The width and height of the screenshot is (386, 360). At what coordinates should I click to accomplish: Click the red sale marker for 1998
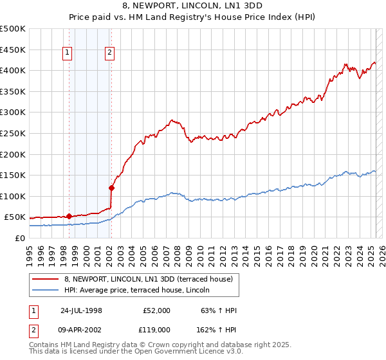coord(69,216)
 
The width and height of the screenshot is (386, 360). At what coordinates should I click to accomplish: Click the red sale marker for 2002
coord(111,188)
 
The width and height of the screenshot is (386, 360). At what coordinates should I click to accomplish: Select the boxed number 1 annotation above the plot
coord(68,53)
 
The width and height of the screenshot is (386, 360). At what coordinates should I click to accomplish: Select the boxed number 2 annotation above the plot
coord(110,53)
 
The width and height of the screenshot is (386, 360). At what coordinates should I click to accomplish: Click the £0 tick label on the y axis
coord(20,238)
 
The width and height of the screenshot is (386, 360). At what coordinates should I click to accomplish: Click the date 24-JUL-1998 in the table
coord(80,310)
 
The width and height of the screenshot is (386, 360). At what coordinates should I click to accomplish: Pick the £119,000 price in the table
coord(156,329)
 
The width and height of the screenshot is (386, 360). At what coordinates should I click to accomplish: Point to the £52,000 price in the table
coord(156,310)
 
